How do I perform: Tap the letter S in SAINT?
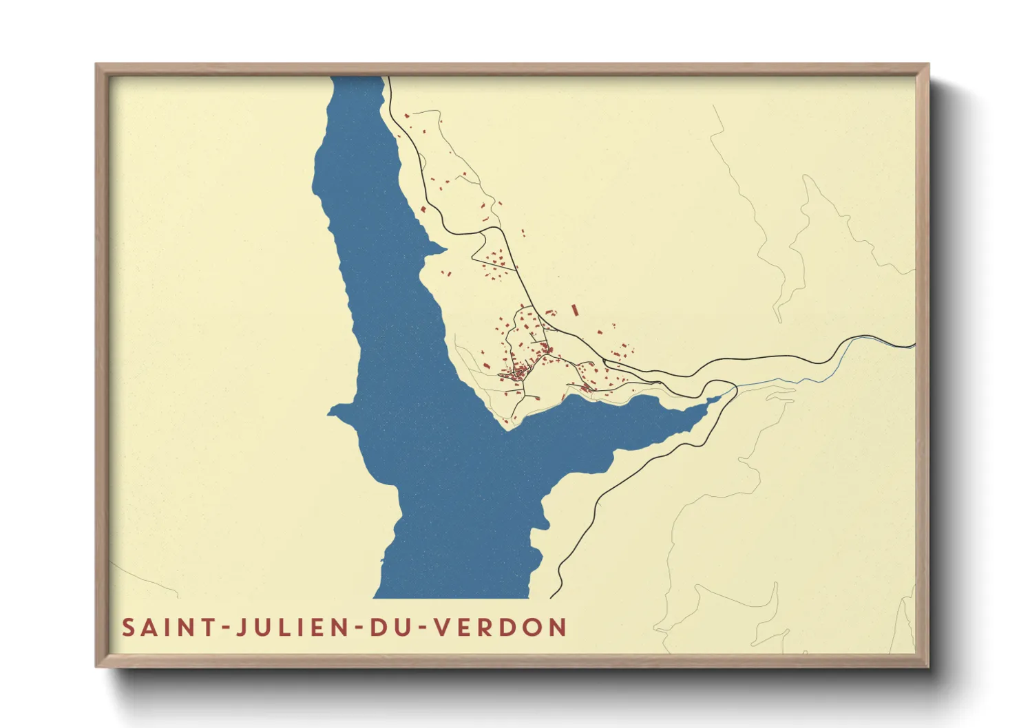tap(129, 628)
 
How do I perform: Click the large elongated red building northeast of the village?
tap(575, 310)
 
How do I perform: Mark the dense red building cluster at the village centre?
tap(516, 374)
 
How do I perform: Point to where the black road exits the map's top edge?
tap(388, 78)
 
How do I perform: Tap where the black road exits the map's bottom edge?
tap(551, 597)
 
